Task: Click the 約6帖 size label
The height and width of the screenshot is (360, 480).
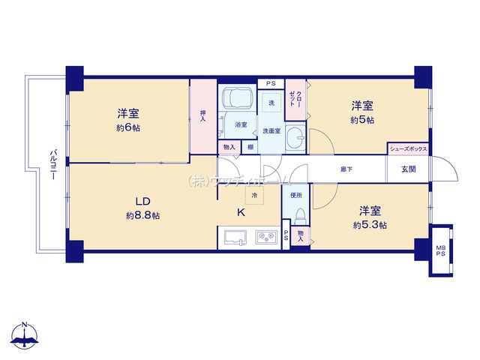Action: point(128,128)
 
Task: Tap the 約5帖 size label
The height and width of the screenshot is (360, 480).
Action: point(362,120)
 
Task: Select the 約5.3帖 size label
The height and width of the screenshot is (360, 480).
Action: point(370,225)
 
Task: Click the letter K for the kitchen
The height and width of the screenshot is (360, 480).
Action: point(241,213)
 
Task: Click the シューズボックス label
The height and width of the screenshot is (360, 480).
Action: point(409,149)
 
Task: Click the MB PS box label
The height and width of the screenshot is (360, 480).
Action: point(440,250)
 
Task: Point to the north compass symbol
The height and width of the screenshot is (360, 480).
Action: point(25,337)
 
